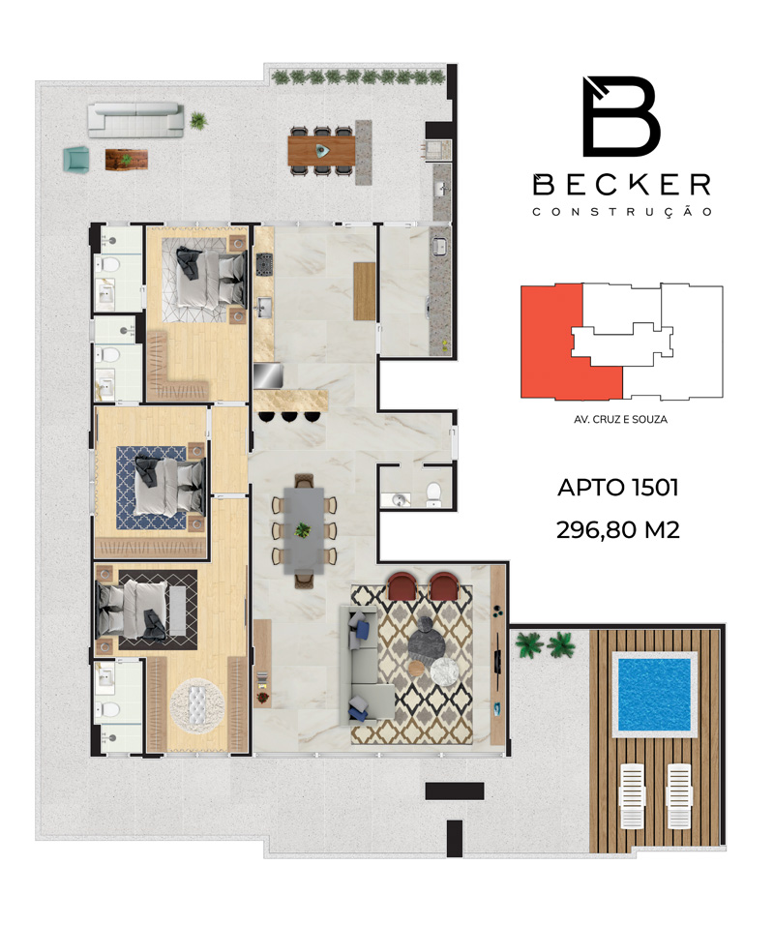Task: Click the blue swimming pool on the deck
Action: click(x=654, y=693)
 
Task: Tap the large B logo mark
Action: click(x=621, y=116)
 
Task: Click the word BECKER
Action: click(x=622, y=185)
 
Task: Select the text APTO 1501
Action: click(x=618, y=488)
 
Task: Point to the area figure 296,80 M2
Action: click(x=618, y=530)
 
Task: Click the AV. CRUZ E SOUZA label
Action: click(x=620, y=419)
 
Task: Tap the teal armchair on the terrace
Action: click(x=76, y=160)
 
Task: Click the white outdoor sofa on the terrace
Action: click(x=135, y=120)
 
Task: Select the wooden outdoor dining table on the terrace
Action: click(x=321, y=150)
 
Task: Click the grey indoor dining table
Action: click(x=304, y=530)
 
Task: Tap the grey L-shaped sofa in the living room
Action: click(x=363, y=664)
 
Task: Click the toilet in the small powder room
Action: click(x=433, y=493)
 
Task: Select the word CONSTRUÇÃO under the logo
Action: click(x=622, y=212)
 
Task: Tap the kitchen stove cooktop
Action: click(x=263, y=263)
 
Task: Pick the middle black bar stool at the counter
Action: click(x=288, y=416)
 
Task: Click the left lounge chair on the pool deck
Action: click(x=632, y=795)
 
